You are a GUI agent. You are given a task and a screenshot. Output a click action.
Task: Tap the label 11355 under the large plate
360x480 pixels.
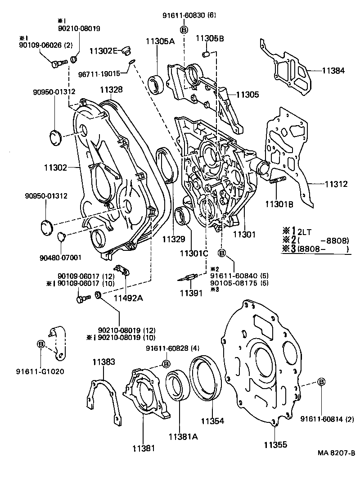coord(275,445)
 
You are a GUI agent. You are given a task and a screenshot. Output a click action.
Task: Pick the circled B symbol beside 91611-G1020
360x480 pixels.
coord(41,344)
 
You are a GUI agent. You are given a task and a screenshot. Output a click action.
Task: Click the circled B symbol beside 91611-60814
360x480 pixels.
coord(322,382)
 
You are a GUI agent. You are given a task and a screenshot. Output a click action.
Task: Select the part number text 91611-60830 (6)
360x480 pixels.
coord(189,15)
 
